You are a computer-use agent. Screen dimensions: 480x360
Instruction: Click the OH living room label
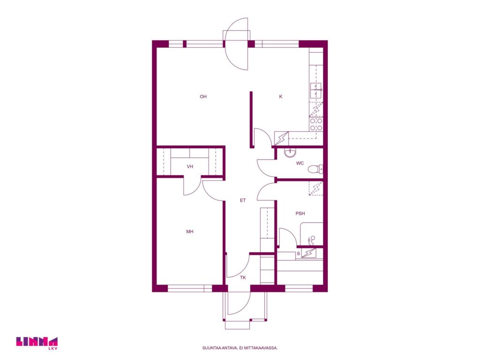(203, 97)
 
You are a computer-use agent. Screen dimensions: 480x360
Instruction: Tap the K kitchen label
(281, 97)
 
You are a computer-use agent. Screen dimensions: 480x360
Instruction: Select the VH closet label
(190, 167)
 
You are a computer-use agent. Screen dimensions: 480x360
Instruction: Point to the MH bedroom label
(190, 232)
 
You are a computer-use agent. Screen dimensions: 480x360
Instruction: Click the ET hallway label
(243, 201)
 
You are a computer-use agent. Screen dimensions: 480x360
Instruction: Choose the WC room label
(300, 164)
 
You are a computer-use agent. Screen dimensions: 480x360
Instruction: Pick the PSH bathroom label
(300, 214)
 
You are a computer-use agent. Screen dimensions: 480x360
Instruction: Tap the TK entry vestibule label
(243, 278)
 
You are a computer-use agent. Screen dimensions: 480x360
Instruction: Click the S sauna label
(299, 254)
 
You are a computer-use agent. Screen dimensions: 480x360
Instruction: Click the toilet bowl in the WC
(315, 169)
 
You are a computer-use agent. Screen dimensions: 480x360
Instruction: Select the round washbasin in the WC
(290, 152)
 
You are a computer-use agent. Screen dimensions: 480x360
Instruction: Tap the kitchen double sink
(316, 90)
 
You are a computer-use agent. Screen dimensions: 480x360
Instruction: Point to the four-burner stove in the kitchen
(316, 125)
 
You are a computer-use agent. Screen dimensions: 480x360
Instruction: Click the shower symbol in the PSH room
(312, 240)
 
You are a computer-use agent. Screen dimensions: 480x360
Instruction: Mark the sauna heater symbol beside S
(309, 253)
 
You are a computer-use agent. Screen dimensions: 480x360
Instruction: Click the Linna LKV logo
(37, 343)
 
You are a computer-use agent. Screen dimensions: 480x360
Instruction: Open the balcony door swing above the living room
(236, 44)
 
